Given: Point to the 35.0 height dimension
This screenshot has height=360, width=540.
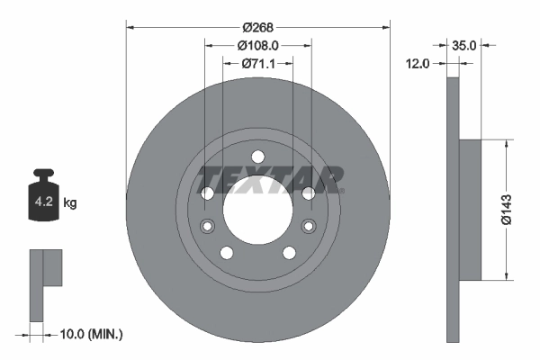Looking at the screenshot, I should point(464,43).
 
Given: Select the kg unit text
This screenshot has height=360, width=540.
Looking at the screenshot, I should point(70,203).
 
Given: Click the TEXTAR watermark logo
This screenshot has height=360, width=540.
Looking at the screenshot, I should point(271,179).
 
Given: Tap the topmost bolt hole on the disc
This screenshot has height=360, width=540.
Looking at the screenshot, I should point(257,155).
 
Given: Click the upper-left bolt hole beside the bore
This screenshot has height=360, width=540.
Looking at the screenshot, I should point(207,193).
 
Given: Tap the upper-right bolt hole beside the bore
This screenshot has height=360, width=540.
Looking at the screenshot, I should point(308,193).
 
